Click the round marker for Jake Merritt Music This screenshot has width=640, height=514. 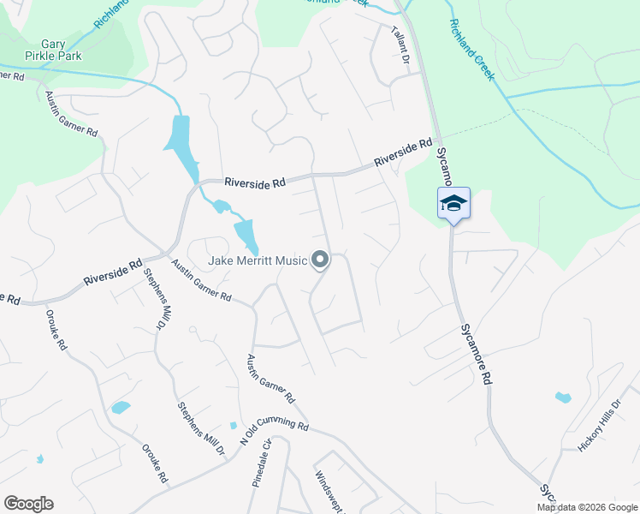(x=321, y=259)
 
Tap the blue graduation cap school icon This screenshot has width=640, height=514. (x=453, y=203)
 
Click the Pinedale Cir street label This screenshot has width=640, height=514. (x=261, y=463)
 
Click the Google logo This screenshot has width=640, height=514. (x=28, y=504)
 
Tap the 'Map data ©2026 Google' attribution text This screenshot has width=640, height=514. (x=586, y=507)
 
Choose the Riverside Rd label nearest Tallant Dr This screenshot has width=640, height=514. (x=402, y=152)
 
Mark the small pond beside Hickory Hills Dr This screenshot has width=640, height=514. (x=562, y=397)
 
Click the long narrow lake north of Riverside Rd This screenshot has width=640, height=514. (x=181, y=140)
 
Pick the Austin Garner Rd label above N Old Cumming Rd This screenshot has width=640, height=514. (x=270, y=379)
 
